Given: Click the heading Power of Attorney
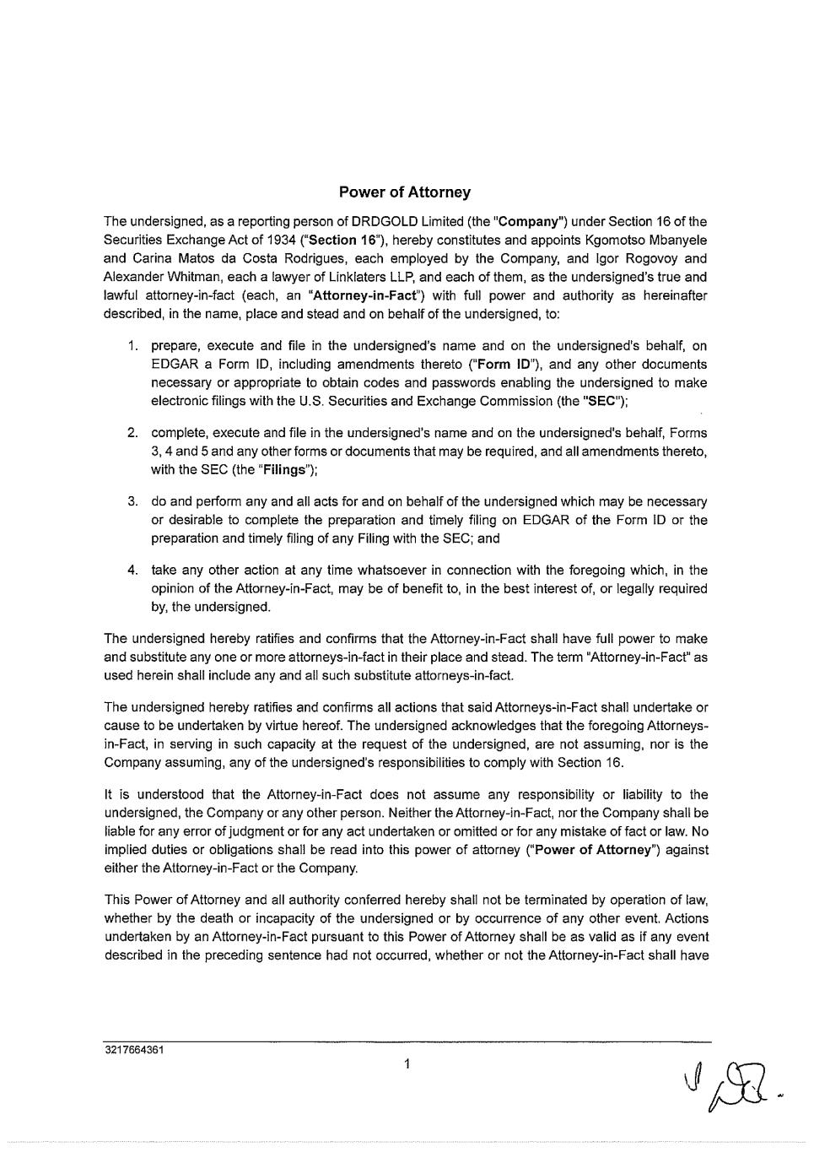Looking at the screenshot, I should tap(405, 192).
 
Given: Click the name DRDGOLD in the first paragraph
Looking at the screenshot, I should tap(380, 222).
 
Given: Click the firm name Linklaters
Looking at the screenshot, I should tap(357, 277).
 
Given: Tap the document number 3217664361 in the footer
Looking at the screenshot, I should tap(134, 1051).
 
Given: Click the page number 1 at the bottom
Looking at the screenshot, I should tap(407, 1064).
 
